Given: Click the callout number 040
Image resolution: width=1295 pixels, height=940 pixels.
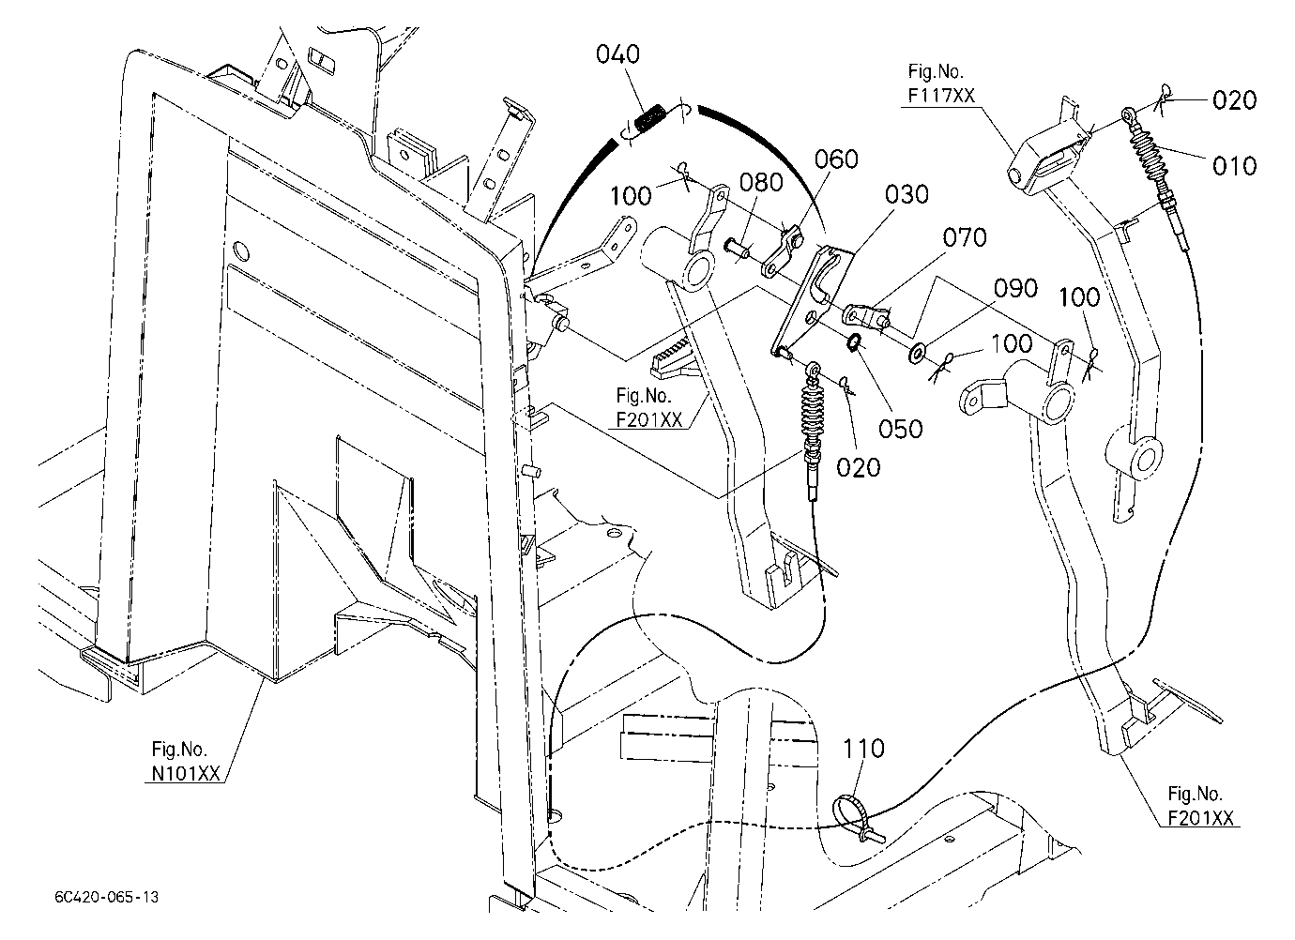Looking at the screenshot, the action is click(x=618, y=55).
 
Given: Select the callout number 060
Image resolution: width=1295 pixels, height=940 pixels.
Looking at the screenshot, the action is click(x=836, y=159).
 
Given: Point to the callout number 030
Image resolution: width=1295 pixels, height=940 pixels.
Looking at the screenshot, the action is click(x=906, y=195).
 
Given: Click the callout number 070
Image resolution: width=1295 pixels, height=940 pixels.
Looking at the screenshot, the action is click(x=965, y=237).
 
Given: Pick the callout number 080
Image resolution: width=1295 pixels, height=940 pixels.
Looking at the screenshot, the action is click(x=761, y=183).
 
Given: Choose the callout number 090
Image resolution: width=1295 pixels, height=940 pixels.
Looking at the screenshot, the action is click(x=1015, y=288).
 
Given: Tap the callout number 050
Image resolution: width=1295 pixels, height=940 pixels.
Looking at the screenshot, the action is click(x=901, y=429).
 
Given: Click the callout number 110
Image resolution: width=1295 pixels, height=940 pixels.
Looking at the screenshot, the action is click(x=863, y=749).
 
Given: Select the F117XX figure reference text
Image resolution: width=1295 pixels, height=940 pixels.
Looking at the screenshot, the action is click(x=941, y=96).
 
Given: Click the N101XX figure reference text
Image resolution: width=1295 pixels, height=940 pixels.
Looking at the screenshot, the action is click(x=186, y=774).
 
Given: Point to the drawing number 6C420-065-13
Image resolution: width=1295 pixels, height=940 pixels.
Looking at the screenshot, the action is click(x=106, y=897).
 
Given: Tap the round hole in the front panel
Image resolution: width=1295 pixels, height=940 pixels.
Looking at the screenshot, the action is click(x=241, y=250).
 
